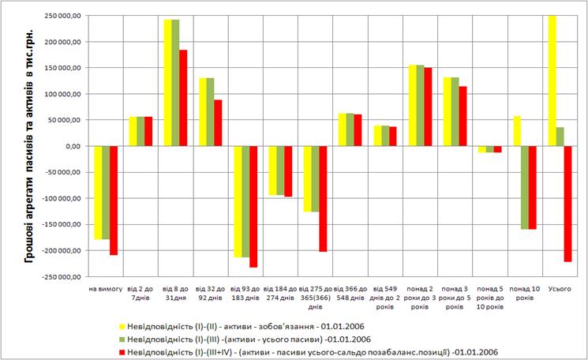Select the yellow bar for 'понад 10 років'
[x=517, y=131]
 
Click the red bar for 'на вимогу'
[x=114, y=201]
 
